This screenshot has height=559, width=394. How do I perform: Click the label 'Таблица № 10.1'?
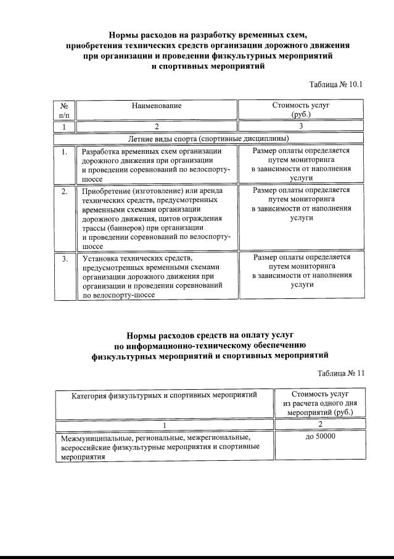336,84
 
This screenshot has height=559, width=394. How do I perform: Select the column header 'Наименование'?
157,106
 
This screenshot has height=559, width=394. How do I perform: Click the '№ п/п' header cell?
64,110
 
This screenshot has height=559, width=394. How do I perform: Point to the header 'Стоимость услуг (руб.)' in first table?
301,110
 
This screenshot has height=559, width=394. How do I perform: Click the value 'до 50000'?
319,437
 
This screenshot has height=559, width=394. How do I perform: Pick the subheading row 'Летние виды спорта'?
208,138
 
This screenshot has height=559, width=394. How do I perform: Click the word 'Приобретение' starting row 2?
107,191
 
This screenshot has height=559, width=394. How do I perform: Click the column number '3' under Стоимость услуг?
301,127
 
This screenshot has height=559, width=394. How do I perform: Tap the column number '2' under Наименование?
157,127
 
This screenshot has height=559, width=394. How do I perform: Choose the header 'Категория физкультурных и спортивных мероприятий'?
164,395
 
